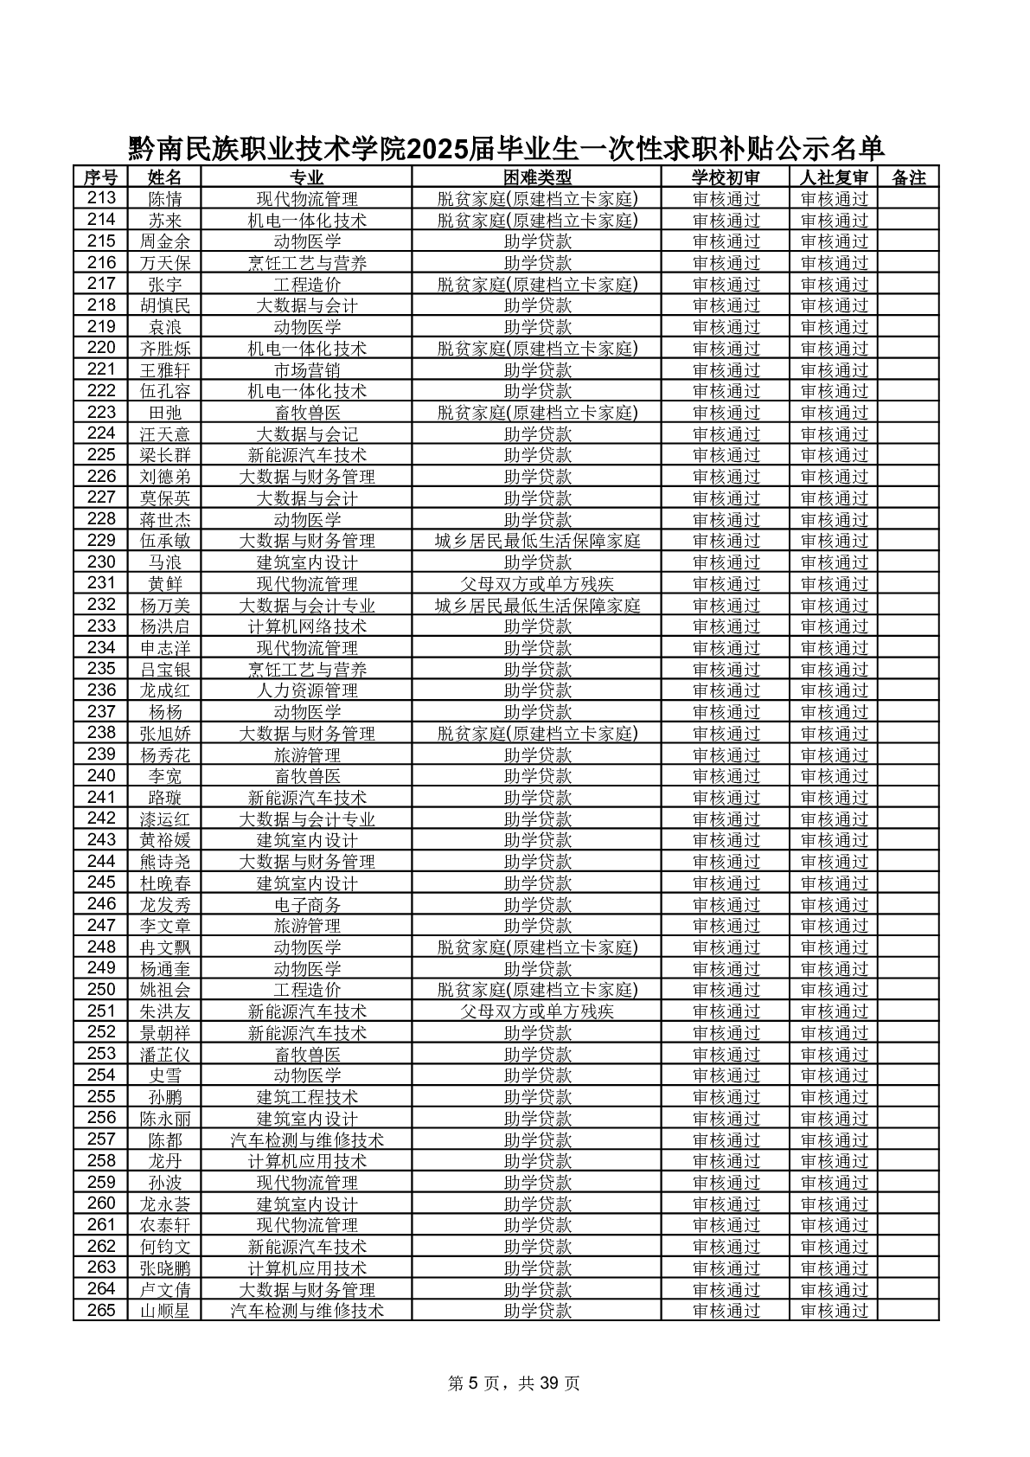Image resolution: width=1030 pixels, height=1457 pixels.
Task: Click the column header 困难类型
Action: click(537, 177)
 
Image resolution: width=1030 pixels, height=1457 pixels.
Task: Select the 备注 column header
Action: click(908, 177)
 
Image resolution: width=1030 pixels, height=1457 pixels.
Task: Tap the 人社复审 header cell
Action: click(833, 177)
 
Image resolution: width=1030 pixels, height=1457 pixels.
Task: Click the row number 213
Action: click(101, 199)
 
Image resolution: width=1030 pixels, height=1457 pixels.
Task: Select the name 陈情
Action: click(164, 199)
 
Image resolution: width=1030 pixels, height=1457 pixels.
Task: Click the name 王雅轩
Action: click(164, 370)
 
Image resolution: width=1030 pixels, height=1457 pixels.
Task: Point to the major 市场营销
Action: click(307, 370)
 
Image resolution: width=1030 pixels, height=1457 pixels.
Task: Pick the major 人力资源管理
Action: click(307, 691)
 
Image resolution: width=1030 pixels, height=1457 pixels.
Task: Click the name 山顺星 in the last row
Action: click(164, 1312)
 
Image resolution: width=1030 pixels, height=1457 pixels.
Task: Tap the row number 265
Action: click(101, 1312)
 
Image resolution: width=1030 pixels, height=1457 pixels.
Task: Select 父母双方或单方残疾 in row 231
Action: click(537, 584)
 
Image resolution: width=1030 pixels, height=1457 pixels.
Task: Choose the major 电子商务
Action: click(307, 905)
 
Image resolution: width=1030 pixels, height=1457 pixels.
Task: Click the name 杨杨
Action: click(164, 712)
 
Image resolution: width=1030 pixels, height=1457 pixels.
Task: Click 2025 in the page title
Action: click(437, 150)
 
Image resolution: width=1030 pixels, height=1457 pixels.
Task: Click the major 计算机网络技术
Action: click(307, 626)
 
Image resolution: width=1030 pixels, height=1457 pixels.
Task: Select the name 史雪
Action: click(164, 1076)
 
